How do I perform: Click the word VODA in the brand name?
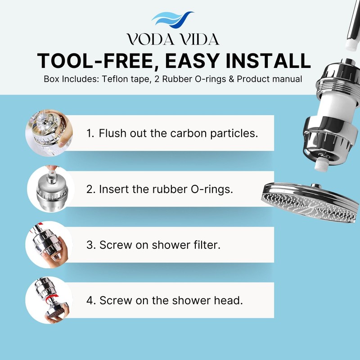(148, 39)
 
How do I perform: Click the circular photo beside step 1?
(49, 133)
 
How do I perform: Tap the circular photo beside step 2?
(49, 189)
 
